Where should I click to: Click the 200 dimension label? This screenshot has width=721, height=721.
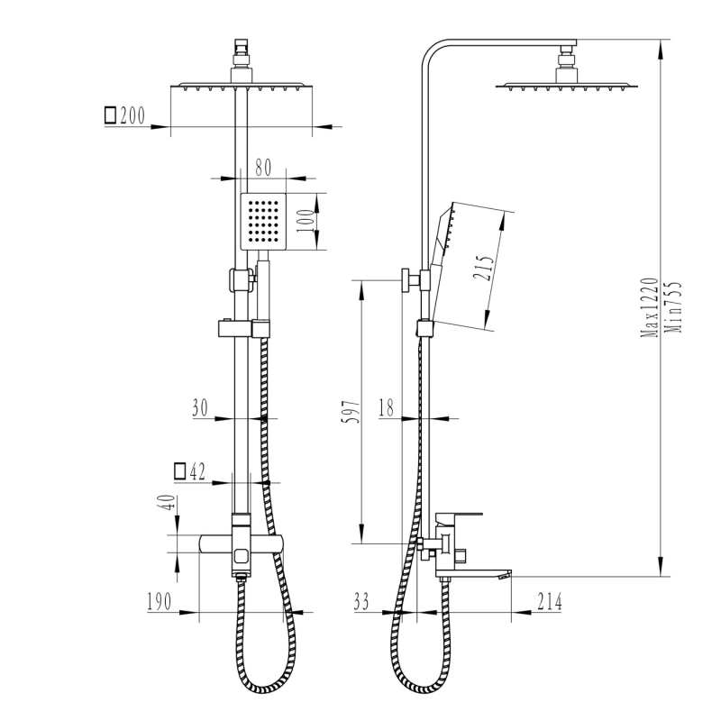pos(132,115)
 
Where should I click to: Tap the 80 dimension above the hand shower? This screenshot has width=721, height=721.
pos(263,168)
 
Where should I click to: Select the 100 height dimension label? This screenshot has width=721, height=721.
pos(305,221)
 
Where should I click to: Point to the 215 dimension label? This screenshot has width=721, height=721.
pos(484,267)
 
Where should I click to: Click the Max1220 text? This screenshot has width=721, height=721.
pos(650,307)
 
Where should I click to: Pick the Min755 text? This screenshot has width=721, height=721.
pos(673,307)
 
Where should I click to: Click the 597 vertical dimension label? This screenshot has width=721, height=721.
pos(351,412)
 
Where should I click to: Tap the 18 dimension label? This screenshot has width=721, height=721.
pos(387,408)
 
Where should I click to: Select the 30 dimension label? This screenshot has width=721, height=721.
pos(200,408)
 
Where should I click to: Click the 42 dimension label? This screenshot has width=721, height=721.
pos(197,471)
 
